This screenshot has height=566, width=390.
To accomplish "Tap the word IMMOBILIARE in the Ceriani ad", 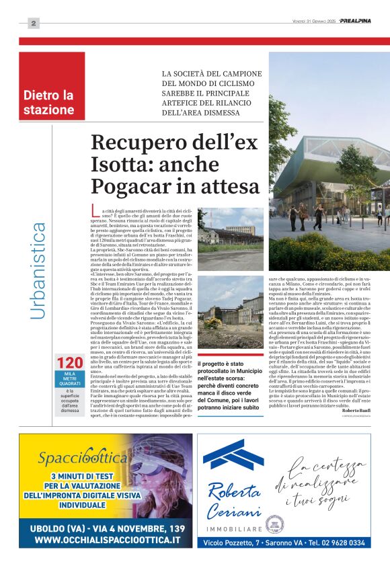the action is pyautogui.click(x=232, y=529).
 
